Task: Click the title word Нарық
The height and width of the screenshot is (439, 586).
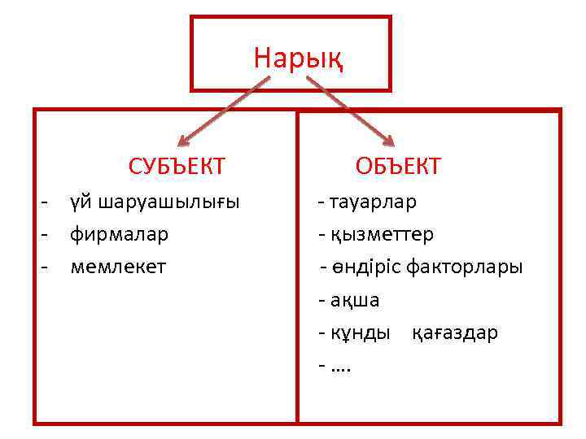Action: [298, 59]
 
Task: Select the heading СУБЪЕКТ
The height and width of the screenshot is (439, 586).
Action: [177, 167]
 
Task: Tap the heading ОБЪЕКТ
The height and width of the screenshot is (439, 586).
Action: [398, 167]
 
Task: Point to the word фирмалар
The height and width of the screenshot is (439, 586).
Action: [119, 234]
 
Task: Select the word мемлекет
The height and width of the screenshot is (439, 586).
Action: [118, 266]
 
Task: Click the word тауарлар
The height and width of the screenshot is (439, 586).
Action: [373, 201]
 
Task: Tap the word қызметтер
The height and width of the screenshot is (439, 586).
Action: [382, 234]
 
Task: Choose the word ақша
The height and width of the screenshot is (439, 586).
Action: [355, 300]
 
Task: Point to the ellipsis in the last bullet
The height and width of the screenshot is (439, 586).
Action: [341, 367]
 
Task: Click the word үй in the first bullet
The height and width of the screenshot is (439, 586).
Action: [80, 202]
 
